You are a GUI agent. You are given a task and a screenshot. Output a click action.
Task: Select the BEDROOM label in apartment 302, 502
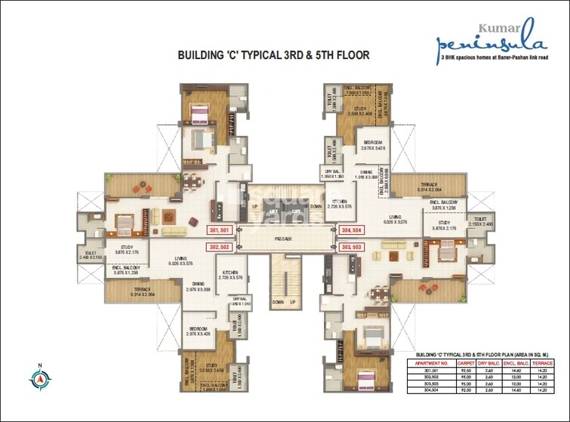pos(199,329)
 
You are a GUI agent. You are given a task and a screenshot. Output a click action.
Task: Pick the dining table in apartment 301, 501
pos(180,183)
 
